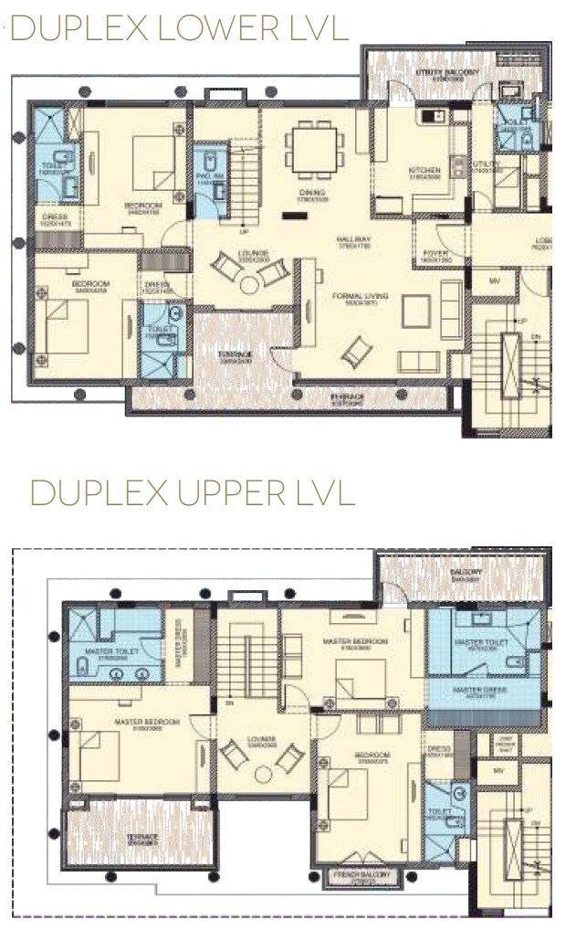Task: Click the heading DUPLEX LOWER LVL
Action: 179,29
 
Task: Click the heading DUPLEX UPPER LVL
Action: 192,493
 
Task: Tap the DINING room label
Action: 312,193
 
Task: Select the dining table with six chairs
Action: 314,149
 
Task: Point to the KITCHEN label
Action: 425,171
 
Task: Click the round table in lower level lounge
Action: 249,285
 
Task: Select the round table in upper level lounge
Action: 264,774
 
